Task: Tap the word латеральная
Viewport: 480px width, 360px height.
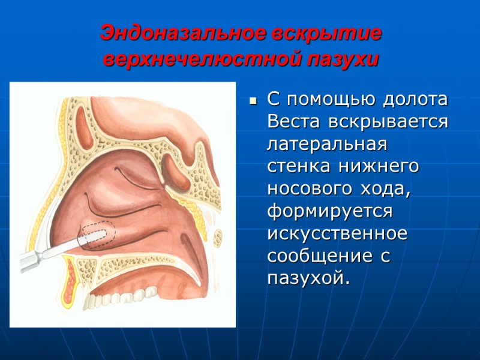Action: click(328, 145)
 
